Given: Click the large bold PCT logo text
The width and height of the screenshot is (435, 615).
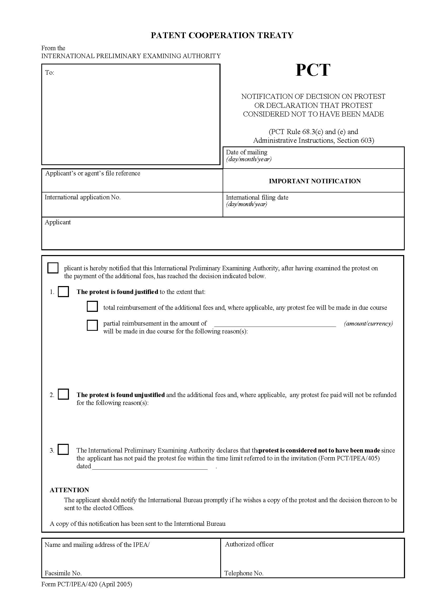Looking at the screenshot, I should pos(313,70).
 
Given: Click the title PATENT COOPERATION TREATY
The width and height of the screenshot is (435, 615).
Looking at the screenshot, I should pos(222,35).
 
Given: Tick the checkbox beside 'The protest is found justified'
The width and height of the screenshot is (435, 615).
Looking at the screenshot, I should pos(63,291).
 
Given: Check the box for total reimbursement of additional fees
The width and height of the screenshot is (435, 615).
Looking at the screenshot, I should pos(92,306).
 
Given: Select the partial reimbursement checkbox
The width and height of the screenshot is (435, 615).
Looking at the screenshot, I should pos(92,325).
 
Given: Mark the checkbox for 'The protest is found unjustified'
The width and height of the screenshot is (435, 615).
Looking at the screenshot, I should pos(63,394).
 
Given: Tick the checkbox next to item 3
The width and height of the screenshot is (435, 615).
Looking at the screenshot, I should pos(63,449).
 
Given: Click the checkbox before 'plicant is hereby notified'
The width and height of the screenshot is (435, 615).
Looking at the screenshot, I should pos(53,268).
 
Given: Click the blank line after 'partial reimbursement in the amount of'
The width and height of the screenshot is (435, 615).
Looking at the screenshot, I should pos(275,324).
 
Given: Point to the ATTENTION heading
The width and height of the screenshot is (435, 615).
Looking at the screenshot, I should pos(69,490).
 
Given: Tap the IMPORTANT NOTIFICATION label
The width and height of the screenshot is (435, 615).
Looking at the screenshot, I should pos(315,181).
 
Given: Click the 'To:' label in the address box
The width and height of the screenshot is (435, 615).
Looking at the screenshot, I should pos(49,73).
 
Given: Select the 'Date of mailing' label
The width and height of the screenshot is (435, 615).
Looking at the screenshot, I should pos(247,152).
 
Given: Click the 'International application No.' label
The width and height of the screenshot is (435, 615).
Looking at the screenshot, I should pos(83,197).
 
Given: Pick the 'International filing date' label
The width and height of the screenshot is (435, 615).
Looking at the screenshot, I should pos(257,197).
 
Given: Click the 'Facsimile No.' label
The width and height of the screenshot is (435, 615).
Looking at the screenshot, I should pos(63,573).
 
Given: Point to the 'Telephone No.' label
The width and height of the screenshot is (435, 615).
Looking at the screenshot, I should pos(244,573).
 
